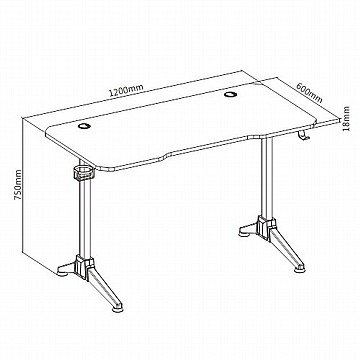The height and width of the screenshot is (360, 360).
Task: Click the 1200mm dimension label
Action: click(x=127, y=90)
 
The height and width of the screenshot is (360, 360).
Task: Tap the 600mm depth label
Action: click(x=309, y=93)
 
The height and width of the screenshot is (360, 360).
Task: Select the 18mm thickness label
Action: click(x=347, y=119)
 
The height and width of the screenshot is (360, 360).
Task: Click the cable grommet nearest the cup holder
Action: click(x=85, y=126)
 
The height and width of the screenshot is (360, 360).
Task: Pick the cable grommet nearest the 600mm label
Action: click(x=229, y=94)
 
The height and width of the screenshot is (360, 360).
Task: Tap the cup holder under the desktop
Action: click(x=83, y=173)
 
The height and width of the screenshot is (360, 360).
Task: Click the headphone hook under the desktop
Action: click(x=302, y=136)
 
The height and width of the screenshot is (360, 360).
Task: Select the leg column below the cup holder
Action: click(x=84, y=218)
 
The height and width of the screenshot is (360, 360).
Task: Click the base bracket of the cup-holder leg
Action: click(x=84, y=266)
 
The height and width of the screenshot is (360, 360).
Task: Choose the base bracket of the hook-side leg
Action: click(x=266, y=228)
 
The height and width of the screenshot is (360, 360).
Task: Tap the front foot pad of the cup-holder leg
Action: click(x=117, y=308)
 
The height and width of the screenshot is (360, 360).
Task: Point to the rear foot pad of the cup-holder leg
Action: click(x=63, y=272)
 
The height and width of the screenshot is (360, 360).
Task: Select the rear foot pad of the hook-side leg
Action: click(x=244, y=233)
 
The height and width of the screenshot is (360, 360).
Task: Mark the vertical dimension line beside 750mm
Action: click(x=22, y=185)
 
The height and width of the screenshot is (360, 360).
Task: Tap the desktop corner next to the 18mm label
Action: click(x=338, y=119)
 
